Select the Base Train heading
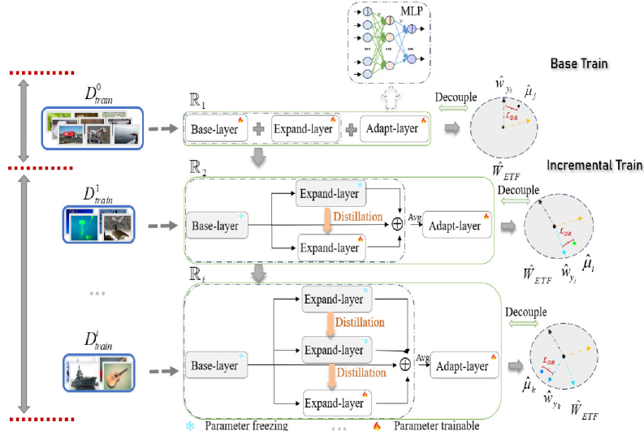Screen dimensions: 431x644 (x=578, y=62)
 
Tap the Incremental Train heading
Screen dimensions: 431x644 (x=594, y=165)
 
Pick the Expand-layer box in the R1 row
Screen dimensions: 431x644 (x=302, y=128)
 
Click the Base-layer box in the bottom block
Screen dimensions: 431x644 (x=214, y=364)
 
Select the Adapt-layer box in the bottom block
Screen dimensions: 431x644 (x=461, y=365)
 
